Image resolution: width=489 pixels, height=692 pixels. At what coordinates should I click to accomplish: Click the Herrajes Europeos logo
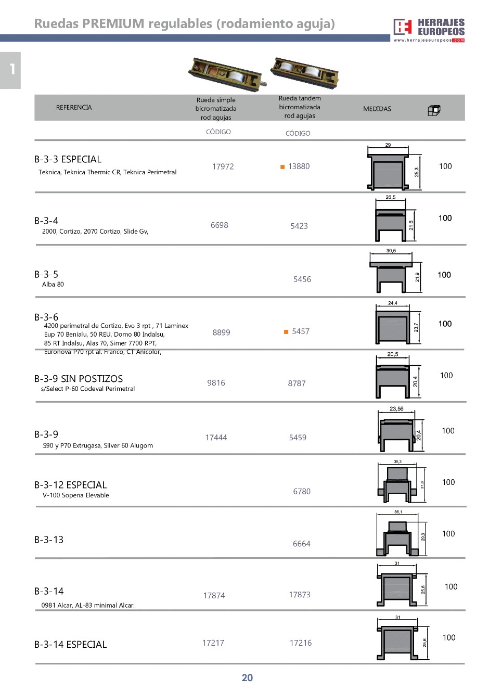point(429,30)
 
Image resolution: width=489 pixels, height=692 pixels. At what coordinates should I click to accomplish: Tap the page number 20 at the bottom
point(247,677)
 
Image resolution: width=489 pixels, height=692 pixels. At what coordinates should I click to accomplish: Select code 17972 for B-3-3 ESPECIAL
point(223,166)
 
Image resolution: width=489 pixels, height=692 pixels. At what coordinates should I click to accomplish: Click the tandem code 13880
point(299,166)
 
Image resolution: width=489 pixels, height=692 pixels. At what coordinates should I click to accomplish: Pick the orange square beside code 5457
point(286,332)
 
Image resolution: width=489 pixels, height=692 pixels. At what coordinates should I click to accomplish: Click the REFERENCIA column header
point(74,108)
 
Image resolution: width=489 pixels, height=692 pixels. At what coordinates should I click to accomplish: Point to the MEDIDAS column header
point(377,109)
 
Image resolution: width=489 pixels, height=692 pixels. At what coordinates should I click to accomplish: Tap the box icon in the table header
point(434,110)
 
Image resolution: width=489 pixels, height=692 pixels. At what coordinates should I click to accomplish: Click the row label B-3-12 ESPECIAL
point(70,485)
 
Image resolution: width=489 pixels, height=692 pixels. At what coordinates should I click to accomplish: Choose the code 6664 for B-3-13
point(301,544)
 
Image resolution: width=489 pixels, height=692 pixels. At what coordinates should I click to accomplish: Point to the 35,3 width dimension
point(397,462)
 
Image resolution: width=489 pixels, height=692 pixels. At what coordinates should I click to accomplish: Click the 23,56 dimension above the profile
point(396,409)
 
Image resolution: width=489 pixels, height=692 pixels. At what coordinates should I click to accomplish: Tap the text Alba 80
point(53,285)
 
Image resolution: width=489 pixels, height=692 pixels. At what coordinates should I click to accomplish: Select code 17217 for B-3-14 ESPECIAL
point(213,643)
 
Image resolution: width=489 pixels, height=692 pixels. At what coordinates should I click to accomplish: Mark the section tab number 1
point(11,70)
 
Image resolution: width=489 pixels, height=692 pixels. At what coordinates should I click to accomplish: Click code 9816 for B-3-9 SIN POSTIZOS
point(216,383)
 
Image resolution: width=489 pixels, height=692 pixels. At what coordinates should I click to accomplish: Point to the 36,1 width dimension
point(398,512)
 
